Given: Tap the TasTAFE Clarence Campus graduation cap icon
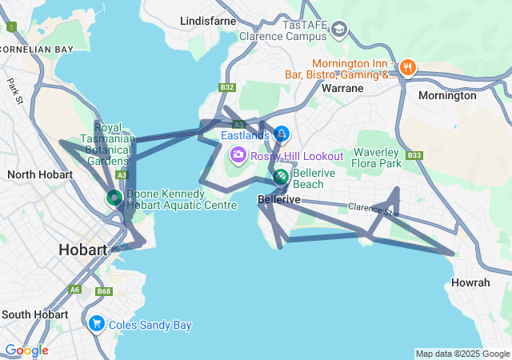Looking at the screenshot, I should [x=339, y=30].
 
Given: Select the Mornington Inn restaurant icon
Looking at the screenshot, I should [x=407, y=67].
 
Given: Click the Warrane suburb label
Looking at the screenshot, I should [x=342, y=88].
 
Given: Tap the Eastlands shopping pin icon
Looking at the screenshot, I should [x=281, y=134].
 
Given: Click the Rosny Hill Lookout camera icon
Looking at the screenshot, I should [x=238, y=154].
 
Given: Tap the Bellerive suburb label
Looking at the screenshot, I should [x=278, y=199].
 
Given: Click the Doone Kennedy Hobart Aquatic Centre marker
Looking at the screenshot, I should [x=114, y=198].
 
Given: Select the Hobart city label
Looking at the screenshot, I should [x=82, y=250].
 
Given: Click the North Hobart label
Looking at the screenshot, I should [x=40, y=174].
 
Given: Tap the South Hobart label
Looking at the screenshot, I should [x=34, y=314].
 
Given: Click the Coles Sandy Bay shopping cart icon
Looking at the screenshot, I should [x=97, y=324].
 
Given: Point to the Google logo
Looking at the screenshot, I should [x=26, y=350].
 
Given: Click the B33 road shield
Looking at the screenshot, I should [x=414, y=155].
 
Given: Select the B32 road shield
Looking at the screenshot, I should [x=227, y=87].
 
